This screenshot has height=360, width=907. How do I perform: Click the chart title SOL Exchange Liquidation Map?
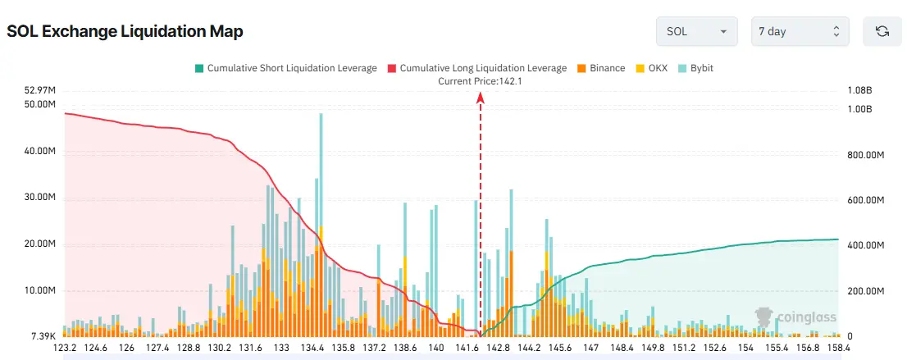click(x=125, y=31)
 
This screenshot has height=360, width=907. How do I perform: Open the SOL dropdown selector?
click(x=696, y=31)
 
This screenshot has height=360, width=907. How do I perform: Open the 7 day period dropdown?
click(x=800, y=31)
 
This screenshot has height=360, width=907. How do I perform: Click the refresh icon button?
click(x=882, y=31)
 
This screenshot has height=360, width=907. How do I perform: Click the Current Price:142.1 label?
click(x=480, y=80)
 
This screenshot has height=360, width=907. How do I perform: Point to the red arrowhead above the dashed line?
click(x=481, y=98)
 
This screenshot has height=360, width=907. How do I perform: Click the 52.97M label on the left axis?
click(x=40, y=90)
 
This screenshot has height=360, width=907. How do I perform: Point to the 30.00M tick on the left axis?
click(x=40, y=198)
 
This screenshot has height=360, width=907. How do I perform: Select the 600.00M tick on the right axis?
click(x=866, y=200)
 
